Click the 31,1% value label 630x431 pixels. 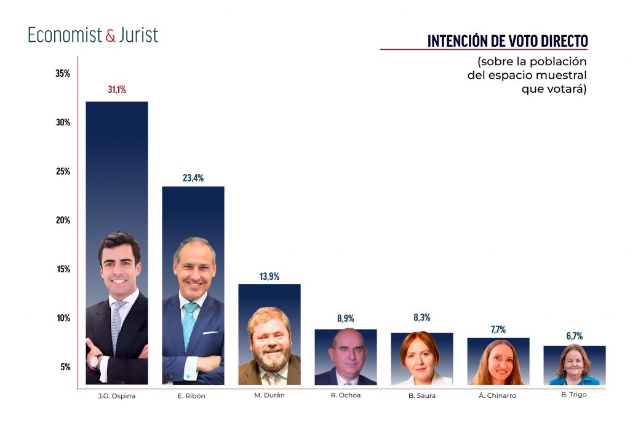coord(117,90)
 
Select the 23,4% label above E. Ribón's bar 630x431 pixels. coord(193,178)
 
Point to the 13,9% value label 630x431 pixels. coord(269,277)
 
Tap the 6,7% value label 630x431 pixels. coord(574,336)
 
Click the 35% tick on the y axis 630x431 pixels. coord(63,74)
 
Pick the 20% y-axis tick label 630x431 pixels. coord(63,220)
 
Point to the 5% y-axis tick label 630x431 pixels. coord(65,367)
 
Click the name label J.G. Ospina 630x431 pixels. coord(117,396)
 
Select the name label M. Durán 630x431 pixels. coord(269,395)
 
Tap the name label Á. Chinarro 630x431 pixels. coord(498,396)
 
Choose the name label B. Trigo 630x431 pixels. coord(574,395)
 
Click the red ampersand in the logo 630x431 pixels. coord(110,36)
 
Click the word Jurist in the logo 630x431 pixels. coord(138,35)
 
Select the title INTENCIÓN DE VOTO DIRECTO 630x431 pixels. coord(508,41)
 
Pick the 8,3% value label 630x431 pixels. coord(422,318)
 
